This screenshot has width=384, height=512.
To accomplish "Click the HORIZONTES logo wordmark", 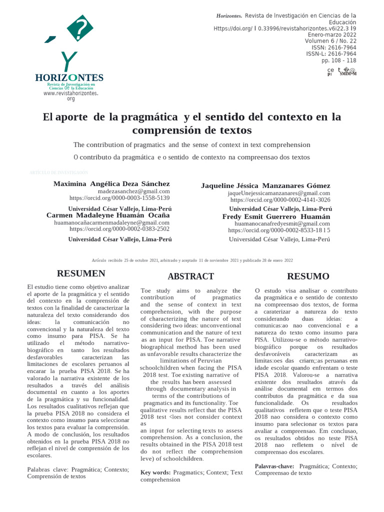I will (x=69, y=77).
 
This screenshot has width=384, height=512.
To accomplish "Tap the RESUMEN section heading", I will (x=81, y=273).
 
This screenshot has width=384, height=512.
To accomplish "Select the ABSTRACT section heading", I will (x=190, y=276).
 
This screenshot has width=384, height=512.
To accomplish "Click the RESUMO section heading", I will (x=308, y=276).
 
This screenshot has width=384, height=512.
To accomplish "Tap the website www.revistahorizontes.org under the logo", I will (x=70, y=95).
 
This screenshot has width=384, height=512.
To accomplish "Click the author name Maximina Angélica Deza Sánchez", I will (x=111, y=183).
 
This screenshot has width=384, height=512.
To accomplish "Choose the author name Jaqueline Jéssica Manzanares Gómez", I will (x=265, y=185).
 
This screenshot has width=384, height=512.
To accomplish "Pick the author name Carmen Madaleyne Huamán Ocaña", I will (x=108, y=215).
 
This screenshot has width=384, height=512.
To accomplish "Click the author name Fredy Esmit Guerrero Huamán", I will (x=276, y=216).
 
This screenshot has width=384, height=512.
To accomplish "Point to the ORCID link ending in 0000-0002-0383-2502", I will (x=119, y=229).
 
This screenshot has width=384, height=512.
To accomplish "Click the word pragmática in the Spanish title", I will (x=149, y=117).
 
